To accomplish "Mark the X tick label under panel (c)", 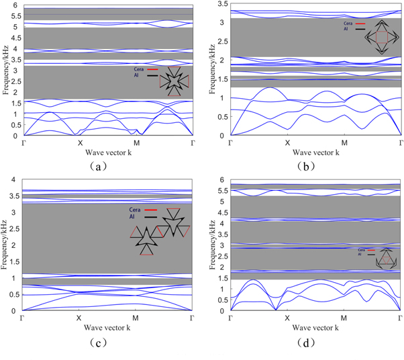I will click(x=79, y=317).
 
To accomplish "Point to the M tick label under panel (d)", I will click(x=344, y=318).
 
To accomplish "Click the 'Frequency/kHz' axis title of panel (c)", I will click(x=6, y=245).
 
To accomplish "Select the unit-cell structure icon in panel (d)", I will click(x=386, y=258).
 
